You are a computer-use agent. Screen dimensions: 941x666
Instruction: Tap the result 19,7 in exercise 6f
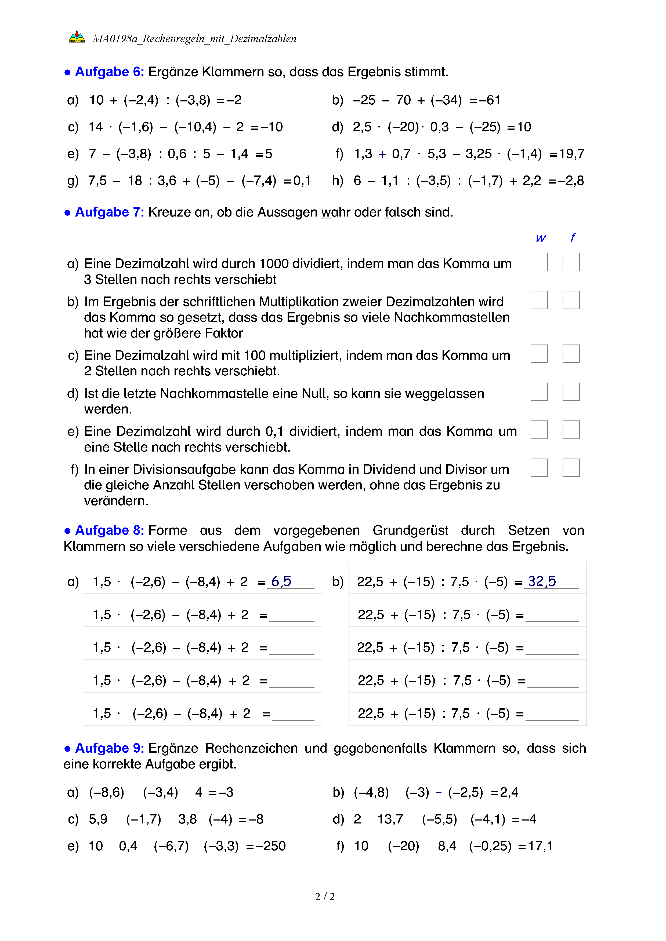click(x=572, y=154)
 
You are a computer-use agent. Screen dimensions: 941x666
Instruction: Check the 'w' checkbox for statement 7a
click(x=539, y=262)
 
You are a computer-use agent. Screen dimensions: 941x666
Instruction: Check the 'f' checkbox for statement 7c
click(x=571, y=354)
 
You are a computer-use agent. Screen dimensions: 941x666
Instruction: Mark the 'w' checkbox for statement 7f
click(x=539, y=468)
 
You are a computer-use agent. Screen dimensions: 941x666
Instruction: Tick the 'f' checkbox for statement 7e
click(x=571, y=430)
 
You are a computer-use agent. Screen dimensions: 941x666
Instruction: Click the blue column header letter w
click(x=541, y=239)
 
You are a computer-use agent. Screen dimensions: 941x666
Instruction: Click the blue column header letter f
click(x=573, y=238)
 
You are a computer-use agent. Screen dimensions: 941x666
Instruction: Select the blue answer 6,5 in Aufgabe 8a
click(x=281, y=581)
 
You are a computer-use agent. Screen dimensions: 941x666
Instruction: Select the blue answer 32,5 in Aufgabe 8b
click(x=542, y=581)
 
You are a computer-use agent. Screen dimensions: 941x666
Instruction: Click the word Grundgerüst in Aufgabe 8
click(x=410, y=531)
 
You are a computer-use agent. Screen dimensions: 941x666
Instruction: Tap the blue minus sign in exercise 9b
click(x=438, y=793)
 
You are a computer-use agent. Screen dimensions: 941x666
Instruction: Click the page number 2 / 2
click(x=325, y=897)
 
